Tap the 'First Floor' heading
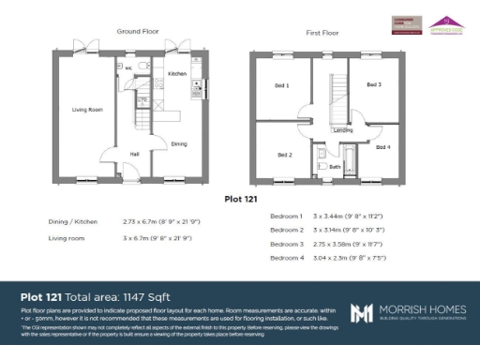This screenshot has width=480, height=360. tap(321, 32)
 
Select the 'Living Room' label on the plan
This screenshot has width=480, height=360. tap(86, 110)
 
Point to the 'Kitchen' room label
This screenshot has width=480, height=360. tap(177, 73)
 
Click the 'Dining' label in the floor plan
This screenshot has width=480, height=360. tap(179, 143)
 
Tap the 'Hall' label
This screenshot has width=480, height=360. tap(134, 154)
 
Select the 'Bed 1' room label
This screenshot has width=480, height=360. tap(281, 85)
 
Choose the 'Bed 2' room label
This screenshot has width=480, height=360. tap(285, 155)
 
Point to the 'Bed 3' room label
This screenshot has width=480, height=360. tap(373, 84)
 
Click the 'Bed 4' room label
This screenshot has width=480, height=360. tap(382, 147)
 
